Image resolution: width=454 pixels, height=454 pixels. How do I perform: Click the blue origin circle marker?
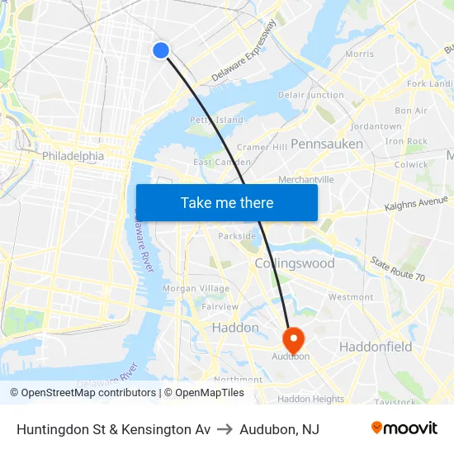(161, 50)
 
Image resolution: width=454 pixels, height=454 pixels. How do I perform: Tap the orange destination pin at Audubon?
(293, 339)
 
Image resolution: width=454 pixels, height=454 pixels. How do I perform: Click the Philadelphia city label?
(73, 156)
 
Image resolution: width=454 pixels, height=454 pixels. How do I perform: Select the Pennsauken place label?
(327, 144)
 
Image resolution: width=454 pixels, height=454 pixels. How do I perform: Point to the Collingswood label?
(295, 263)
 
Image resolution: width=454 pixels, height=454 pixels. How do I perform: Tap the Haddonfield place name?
(376, 347)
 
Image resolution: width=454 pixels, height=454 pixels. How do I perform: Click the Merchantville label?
(306, 179)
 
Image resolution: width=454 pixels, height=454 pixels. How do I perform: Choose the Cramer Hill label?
(262, 147)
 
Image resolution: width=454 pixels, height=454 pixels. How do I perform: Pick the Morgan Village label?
(196, 288)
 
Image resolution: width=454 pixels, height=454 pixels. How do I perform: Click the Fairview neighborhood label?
(220, 306)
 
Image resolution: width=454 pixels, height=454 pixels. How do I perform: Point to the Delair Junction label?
(311, 95)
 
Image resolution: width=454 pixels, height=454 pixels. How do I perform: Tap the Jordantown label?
(376, 126)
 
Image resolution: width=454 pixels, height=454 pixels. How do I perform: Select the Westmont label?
(351, 297)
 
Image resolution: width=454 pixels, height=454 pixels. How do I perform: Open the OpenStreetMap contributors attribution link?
(83, 393)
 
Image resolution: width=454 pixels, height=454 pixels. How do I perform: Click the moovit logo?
(404, 428)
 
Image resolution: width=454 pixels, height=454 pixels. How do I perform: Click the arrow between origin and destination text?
(225, 429)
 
